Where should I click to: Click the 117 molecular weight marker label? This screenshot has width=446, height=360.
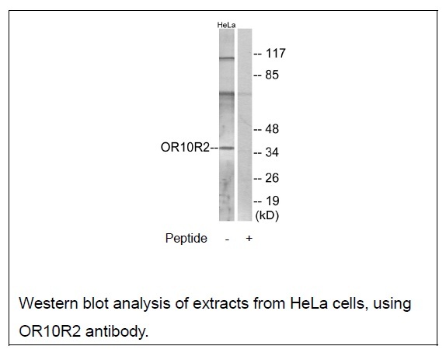275,54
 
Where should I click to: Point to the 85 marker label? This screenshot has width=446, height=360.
272,75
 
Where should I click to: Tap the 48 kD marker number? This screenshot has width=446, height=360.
272,129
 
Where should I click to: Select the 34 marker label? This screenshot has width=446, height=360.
272,152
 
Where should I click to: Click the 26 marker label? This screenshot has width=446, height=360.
272,178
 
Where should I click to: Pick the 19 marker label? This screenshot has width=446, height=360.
272,201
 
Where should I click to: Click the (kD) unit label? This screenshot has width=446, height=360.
267,215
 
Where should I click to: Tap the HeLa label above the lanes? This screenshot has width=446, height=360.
226,25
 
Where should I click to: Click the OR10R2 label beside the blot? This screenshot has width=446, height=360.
185,148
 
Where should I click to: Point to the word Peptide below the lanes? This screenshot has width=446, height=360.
186,238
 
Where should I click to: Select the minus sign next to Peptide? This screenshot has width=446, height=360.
227,239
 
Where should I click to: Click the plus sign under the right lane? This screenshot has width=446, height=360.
249,238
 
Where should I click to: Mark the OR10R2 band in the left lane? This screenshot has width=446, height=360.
227,148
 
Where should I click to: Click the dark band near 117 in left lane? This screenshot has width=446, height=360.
227,58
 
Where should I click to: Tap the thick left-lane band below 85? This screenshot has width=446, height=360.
227,93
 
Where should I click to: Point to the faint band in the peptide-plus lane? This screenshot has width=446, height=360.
245,93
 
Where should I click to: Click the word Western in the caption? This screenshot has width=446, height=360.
48,303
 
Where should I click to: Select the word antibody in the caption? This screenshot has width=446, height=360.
117,331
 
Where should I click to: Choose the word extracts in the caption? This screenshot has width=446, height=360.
221,303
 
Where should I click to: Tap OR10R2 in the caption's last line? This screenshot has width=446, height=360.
50,331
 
